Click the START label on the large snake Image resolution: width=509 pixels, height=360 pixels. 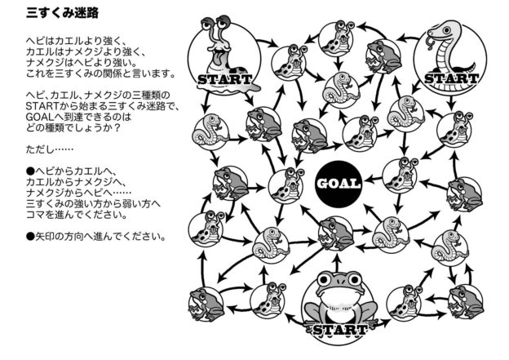[450, 78]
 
